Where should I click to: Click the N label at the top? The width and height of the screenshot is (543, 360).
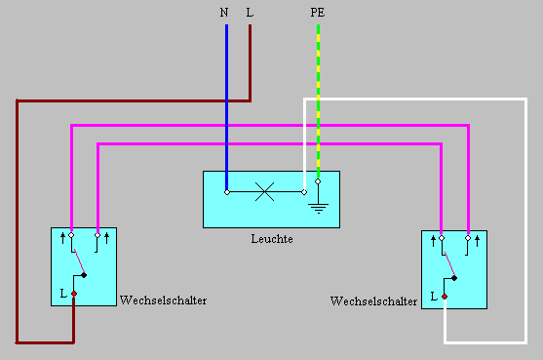(x=225, y=13)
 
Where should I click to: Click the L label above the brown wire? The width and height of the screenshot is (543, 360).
(x=251, y=13)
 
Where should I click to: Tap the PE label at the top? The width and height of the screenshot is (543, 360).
(x=318, y=13)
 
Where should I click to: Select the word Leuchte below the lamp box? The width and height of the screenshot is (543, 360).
(x=271, y=239)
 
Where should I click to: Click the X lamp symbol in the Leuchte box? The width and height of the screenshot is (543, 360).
(x=264, y=192)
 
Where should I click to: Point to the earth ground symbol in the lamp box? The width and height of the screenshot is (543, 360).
(x=318, y=205)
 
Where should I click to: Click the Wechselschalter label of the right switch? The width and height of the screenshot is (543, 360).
(x=374, y=302)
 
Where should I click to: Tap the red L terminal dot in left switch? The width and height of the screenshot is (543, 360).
(x=73, y=293)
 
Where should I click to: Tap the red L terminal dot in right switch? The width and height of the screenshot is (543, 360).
(x=445, y=296)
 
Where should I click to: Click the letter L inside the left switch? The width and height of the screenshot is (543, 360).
(x=63, y=292)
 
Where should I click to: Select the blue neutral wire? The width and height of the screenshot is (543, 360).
(x=226, y=107)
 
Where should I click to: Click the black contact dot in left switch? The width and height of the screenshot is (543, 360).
(x=85, y=275)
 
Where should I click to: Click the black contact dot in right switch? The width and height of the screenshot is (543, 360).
(x=455, y=278)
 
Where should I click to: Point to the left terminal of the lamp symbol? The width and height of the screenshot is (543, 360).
(x=226, y=192)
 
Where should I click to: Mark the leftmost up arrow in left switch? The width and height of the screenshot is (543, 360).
(x=63, y=236)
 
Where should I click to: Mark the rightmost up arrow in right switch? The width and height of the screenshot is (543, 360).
(x=477, y=239)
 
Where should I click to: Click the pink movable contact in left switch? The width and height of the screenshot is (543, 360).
(x=77, y=256)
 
